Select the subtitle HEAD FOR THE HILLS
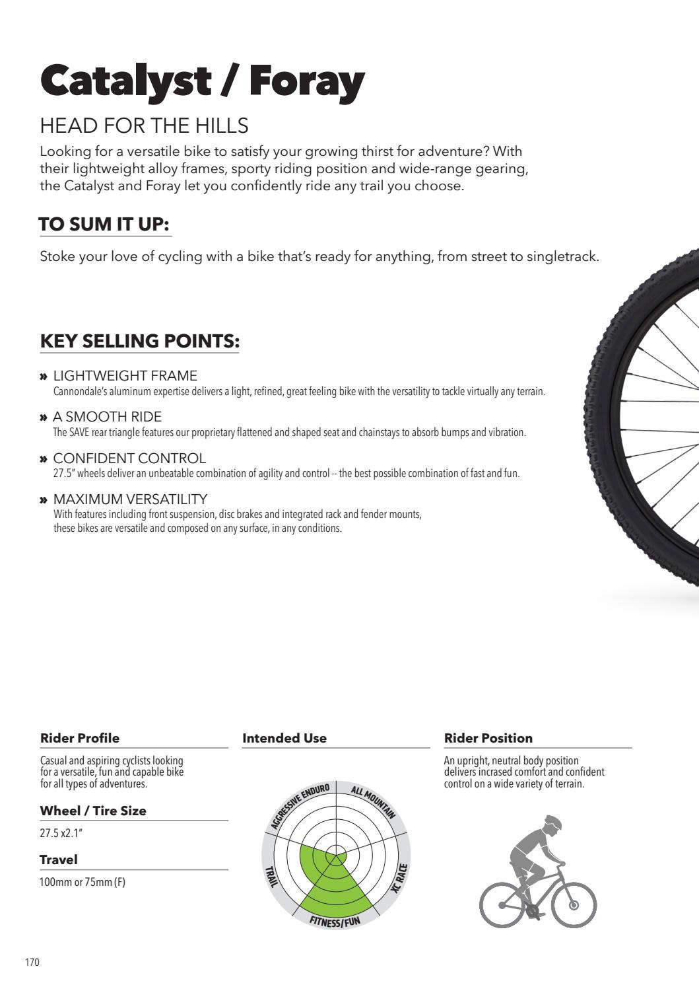pyautogui.click(x=144, y=126)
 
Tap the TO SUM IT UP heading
pyautogui.click(x=105, y=225)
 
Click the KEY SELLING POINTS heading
pyautogui.click(x=139, y=341)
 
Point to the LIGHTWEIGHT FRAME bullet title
pyautogui.click(x=125, y=376)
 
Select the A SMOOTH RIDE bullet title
pyautogui.click(x=107, y=417)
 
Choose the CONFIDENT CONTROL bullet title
pyautogui.click(x=129, y=458)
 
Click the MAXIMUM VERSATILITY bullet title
pyautogui.click(x=130, y=499)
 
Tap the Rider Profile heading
pyautogui.click(x=80, y=738)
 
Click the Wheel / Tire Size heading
pyautogui.click(x=93, y=811)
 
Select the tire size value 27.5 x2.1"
pyautogui.click(x=61, y=833)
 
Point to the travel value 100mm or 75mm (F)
pyautogui.click(x=83, y=882)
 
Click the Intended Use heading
pyautogui.click(x=284, y=738)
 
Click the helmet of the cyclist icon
pyautogui.click(x=552, y=823)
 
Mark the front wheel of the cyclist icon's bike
pyautogui.click(x=574, y=904)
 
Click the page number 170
pyautogui.click(x=32, y=962)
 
